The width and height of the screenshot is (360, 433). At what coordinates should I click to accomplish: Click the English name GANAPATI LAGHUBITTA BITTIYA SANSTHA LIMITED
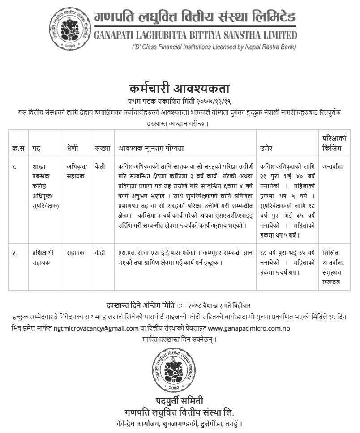[x=195, y=35]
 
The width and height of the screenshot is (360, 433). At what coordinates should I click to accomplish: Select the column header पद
[x=36, y=149]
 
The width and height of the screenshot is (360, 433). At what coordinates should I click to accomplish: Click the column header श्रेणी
[x=72, y=149]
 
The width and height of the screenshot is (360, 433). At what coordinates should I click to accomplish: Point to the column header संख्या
[x=102, y=149]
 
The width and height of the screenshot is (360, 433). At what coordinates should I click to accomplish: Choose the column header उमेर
[x=266, y=149]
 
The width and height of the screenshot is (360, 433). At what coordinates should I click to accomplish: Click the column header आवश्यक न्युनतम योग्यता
[x=151, y=149]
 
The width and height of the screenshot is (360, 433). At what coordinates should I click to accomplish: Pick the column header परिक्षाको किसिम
[x=334, y=143]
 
